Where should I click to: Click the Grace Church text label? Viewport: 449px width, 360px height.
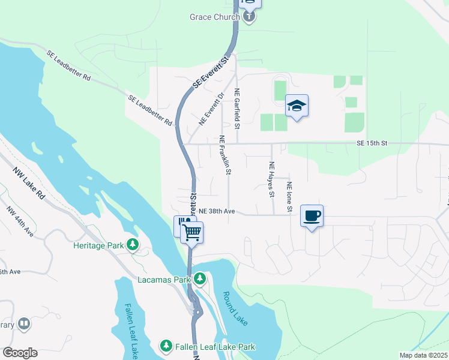(214, 17)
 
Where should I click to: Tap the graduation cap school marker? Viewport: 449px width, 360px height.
(297, 106)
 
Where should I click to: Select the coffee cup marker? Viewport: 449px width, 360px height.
(312, 215)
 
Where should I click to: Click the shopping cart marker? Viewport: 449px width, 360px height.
(191, 231)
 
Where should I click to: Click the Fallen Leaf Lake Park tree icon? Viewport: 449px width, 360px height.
(166, 346)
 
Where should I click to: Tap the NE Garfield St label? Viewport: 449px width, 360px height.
(237, 109)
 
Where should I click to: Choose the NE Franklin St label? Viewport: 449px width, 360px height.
(224, 155)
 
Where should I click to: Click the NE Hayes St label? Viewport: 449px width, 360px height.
(271, 179)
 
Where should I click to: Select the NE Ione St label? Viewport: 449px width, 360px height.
(289, 196)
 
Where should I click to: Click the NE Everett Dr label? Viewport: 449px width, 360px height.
(211, 109)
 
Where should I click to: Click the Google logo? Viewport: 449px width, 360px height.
(20, 353)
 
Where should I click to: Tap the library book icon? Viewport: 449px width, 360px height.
(24, 325)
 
